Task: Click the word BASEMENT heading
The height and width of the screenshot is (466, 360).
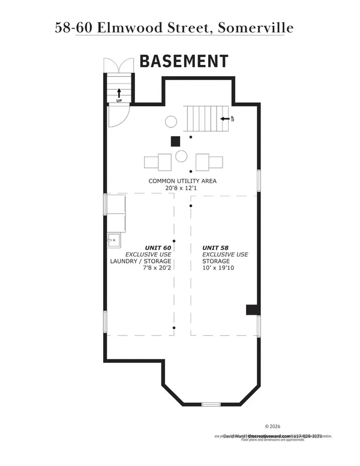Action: tap(184, 61)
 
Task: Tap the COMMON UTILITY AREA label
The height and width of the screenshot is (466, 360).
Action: tap(182, 181)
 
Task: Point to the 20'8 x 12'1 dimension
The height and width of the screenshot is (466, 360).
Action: tap(182, 188)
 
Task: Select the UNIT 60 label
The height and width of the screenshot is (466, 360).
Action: tap(158, 247)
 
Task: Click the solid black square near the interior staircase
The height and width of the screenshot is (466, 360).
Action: tap(175, 142)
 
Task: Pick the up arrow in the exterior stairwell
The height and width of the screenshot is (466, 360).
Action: tap(119, 92)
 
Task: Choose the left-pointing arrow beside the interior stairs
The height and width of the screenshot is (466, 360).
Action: tap(225, 119)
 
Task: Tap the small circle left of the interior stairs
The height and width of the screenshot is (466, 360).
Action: tap(170, 122)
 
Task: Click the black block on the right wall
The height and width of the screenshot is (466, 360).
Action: tap(252, 310)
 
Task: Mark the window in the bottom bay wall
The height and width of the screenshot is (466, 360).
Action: tap(211, 404)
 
